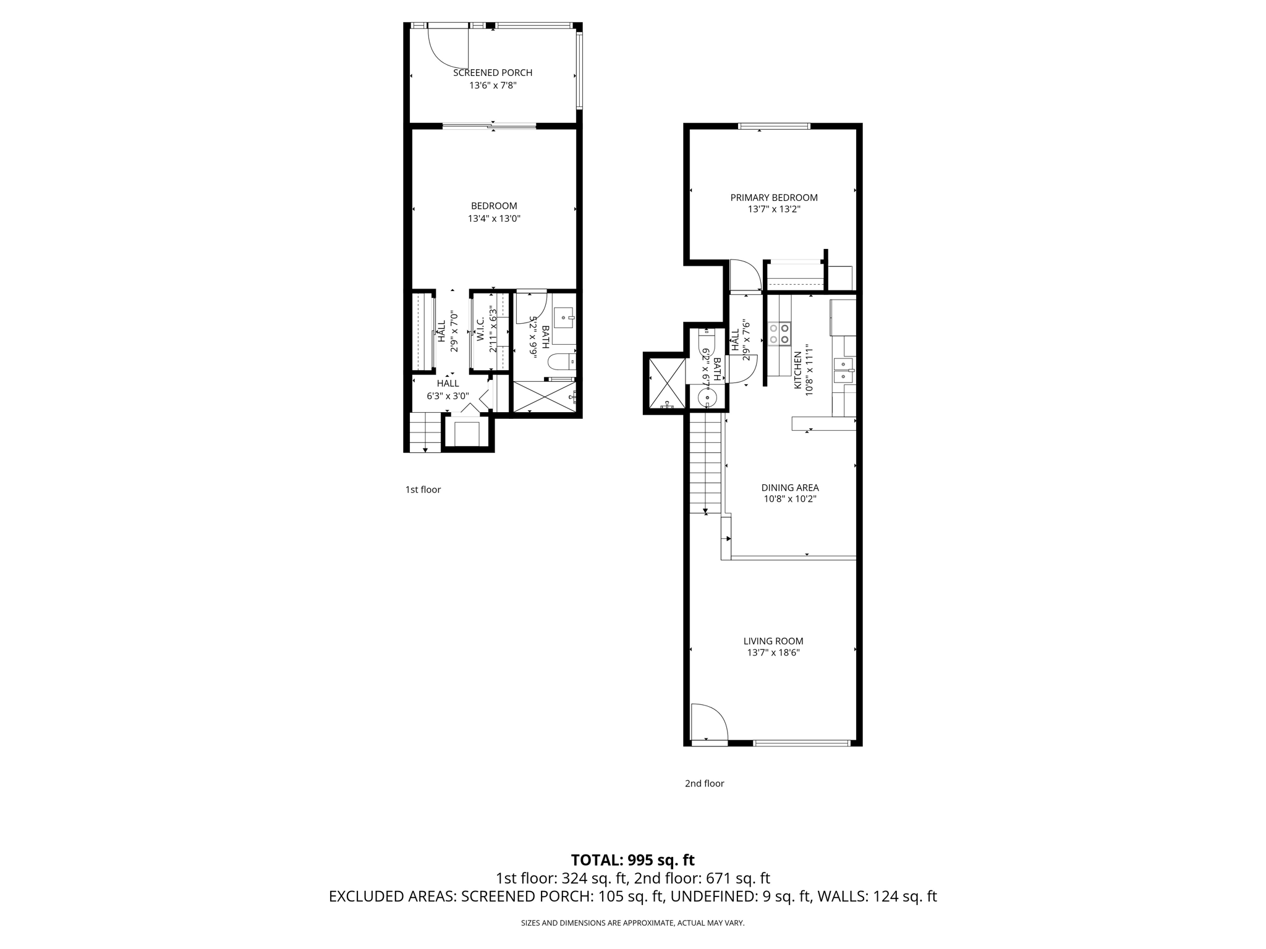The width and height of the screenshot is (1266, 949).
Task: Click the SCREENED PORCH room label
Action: click(493, 73)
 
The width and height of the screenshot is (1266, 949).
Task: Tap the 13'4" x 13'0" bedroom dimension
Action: click(494, 219)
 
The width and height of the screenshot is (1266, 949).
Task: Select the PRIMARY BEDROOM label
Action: click(774, 198)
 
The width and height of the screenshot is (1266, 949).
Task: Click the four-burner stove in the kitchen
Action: click(779, 334)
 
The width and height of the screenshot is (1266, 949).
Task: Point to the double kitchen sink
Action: click(843, 371)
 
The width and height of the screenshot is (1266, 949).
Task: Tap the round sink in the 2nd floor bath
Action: click(706, 397)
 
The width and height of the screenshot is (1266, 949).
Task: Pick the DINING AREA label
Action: click(790, 488)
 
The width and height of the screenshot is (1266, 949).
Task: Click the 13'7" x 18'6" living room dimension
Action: click(773, 653)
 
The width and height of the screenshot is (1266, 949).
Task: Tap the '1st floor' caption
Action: click(423, 490)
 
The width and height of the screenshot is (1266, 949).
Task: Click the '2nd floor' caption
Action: click(704, 783)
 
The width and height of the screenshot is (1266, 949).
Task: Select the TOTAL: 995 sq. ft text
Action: click(632, 860)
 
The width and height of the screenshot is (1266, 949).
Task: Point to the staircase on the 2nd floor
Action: click(705, 463)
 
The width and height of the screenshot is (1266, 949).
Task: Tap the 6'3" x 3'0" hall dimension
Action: click(448, 397)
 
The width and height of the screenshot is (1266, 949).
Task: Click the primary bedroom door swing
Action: click(744, 276)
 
